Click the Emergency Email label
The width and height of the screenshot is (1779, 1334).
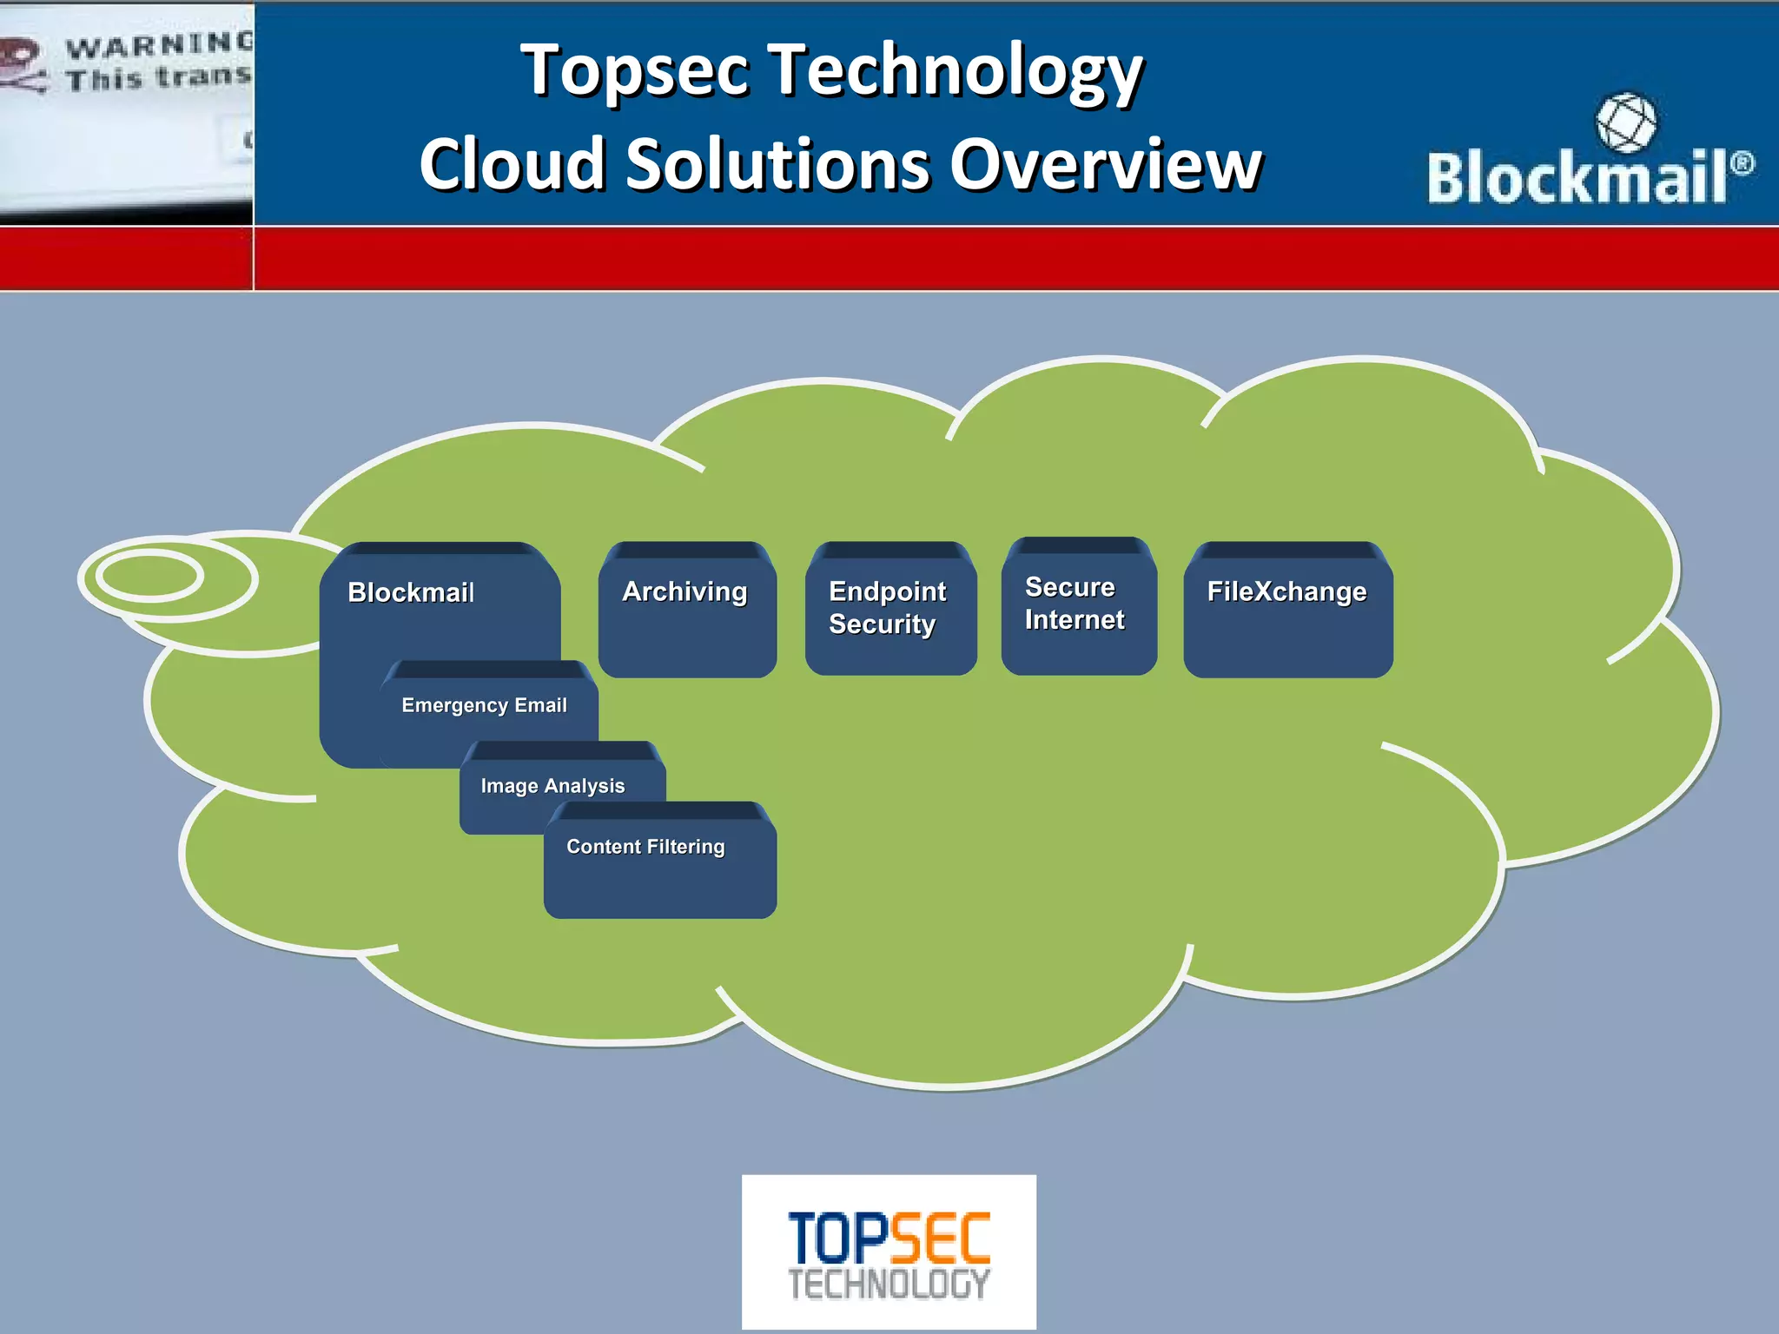484,705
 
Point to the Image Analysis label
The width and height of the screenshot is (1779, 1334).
552,786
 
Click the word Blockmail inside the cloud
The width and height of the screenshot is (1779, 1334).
411,592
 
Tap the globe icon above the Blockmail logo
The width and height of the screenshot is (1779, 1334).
1625,122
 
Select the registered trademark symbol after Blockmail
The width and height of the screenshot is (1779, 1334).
1742,162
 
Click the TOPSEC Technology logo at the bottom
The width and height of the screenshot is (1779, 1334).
889,1251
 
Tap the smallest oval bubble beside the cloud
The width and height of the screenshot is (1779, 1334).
149,576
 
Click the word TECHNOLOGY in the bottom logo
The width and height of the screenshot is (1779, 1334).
889,1284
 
